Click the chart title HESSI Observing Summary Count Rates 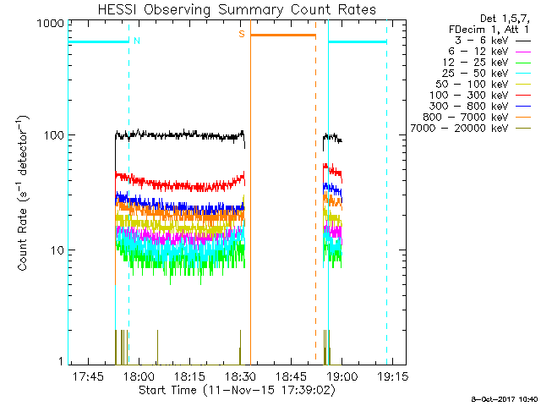tap(237, 9)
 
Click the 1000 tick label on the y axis tap(51, 24)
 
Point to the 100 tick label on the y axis tap(54, 135)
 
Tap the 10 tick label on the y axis tap(57, 250)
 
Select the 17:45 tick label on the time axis tap(88, 376)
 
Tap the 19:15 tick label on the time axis tap(392, 376)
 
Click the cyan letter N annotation tap(137, 41)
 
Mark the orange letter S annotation tap(242, 34)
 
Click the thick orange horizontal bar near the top tap(283, 36)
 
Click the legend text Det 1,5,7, tap(505, 19)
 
